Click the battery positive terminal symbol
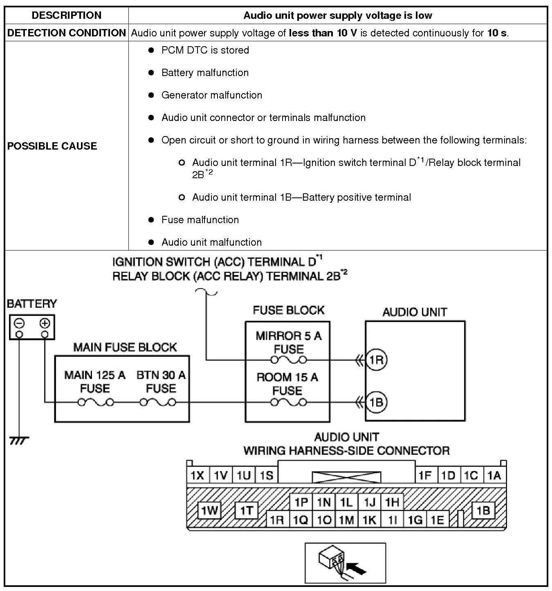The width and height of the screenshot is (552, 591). coord(45,324)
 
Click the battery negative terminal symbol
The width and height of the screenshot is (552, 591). coord(19,324)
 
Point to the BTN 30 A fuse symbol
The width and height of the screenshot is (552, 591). coord(158,403)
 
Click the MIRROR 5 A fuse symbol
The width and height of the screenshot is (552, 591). coord(289,360)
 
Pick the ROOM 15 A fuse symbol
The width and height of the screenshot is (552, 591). coord(289,403)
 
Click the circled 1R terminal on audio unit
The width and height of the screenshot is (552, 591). coord(376,360)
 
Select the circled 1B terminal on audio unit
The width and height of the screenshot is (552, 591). coord(376,403)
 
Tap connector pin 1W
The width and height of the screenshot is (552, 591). coord(209,510)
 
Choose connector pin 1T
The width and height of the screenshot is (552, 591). coord(247,510)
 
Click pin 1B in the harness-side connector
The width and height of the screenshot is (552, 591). coord(483,510)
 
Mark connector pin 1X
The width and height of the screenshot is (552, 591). coord(197,475)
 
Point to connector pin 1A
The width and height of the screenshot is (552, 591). coord(494,475)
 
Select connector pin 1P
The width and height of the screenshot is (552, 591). coord(301,502)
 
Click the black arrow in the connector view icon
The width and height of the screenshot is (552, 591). coord(356,568)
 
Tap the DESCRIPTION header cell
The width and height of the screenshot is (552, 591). coord(67,16)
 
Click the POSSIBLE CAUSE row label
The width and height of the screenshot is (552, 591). coord(52,146)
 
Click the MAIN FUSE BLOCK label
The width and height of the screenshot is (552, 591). coord(125,347)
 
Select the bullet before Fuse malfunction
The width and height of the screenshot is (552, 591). coord(151,220)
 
